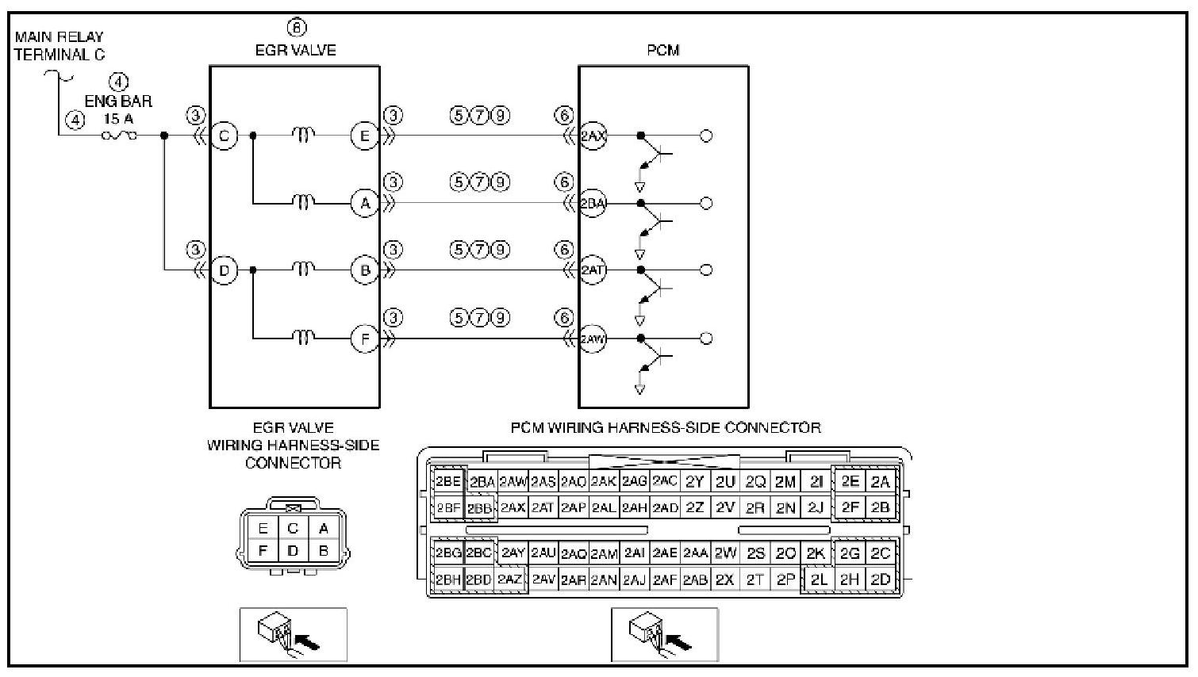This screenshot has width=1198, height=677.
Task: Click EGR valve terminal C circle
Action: [x=225, y=136]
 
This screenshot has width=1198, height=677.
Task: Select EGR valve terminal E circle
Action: [x=365, y=136]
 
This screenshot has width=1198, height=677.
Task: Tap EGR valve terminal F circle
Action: [x=365, y=339]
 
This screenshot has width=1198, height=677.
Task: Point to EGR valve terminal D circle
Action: [x=225, y=271]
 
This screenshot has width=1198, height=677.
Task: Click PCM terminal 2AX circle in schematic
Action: [x=593, y=136]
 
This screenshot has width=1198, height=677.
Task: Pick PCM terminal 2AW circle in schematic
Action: [x=593, y=339]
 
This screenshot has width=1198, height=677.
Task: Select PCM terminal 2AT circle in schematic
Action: [x=593, y=270]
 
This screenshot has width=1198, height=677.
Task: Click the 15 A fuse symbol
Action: [x=119, y=136]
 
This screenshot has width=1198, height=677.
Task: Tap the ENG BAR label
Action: [x=118, y=101]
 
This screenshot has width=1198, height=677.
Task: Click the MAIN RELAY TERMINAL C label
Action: [x=59, y=46]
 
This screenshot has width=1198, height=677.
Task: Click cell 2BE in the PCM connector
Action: [x=448, y=482]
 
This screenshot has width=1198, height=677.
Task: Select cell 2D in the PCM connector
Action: [x=881, y=579]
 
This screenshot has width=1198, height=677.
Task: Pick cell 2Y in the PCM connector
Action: [x=695, y=482]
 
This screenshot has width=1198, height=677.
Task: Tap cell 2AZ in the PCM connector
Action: [x=510, y=579]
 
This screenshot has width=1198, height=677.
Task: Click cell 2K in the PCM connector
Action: [x=815, y=553]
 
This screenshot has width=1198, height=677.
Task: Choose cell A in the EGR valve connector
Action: [x=323, y=529]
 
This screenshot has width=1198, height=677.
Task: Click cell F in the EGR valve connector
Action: [x=263, y=550]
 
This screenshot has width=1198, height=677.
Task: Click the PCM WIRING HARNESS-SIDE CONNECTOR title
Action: [x=665, y=428]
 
